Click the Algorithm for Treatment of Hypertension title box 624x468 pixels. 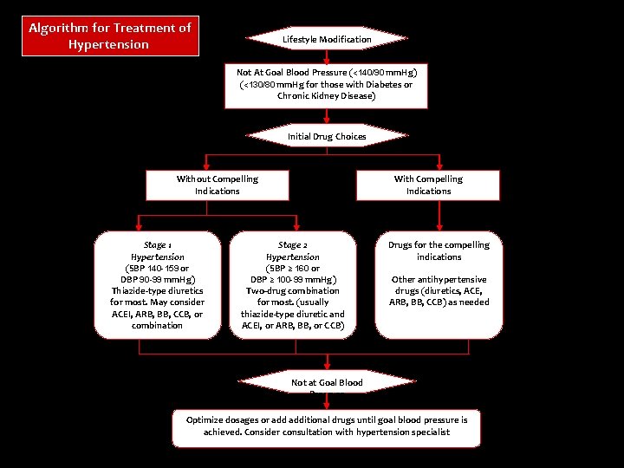[x=110, y=36]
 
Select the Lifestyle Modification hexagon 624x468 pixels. [x=327, y=39]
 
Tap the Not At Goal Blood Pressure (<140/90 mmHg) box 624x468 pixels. [x=327, y=84]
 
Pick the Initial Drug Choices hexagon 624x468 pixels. [x=327, y=136]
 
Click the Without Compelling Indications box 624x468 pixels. [x=217, y=185]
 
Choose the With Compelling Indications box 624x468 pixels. [x=428, y=185]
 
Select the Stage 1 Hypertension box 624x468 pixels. [x=158, y=284]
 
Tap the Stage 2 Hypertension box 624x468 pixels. [x=292, y=284]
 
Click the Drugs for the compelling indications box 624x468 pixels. [x=439, y=284]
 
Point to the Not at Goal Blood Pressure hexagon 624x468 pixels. [x=327, y=383]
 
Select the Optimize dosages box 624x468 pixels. [x=327, y=426]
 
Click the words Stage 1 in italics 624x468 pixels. [x=157, y=245]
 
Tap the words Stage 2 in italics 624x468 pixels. [x=292, y=245]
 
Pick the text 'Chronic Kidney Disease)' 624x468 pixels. [x=327, y=95]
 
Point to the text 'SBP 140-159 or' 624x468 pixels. [x=158, y=268]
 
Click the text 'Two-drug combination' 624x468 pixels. [x=292, y=290]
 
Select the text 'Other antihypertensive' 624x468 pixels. [x=439, y=279]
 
